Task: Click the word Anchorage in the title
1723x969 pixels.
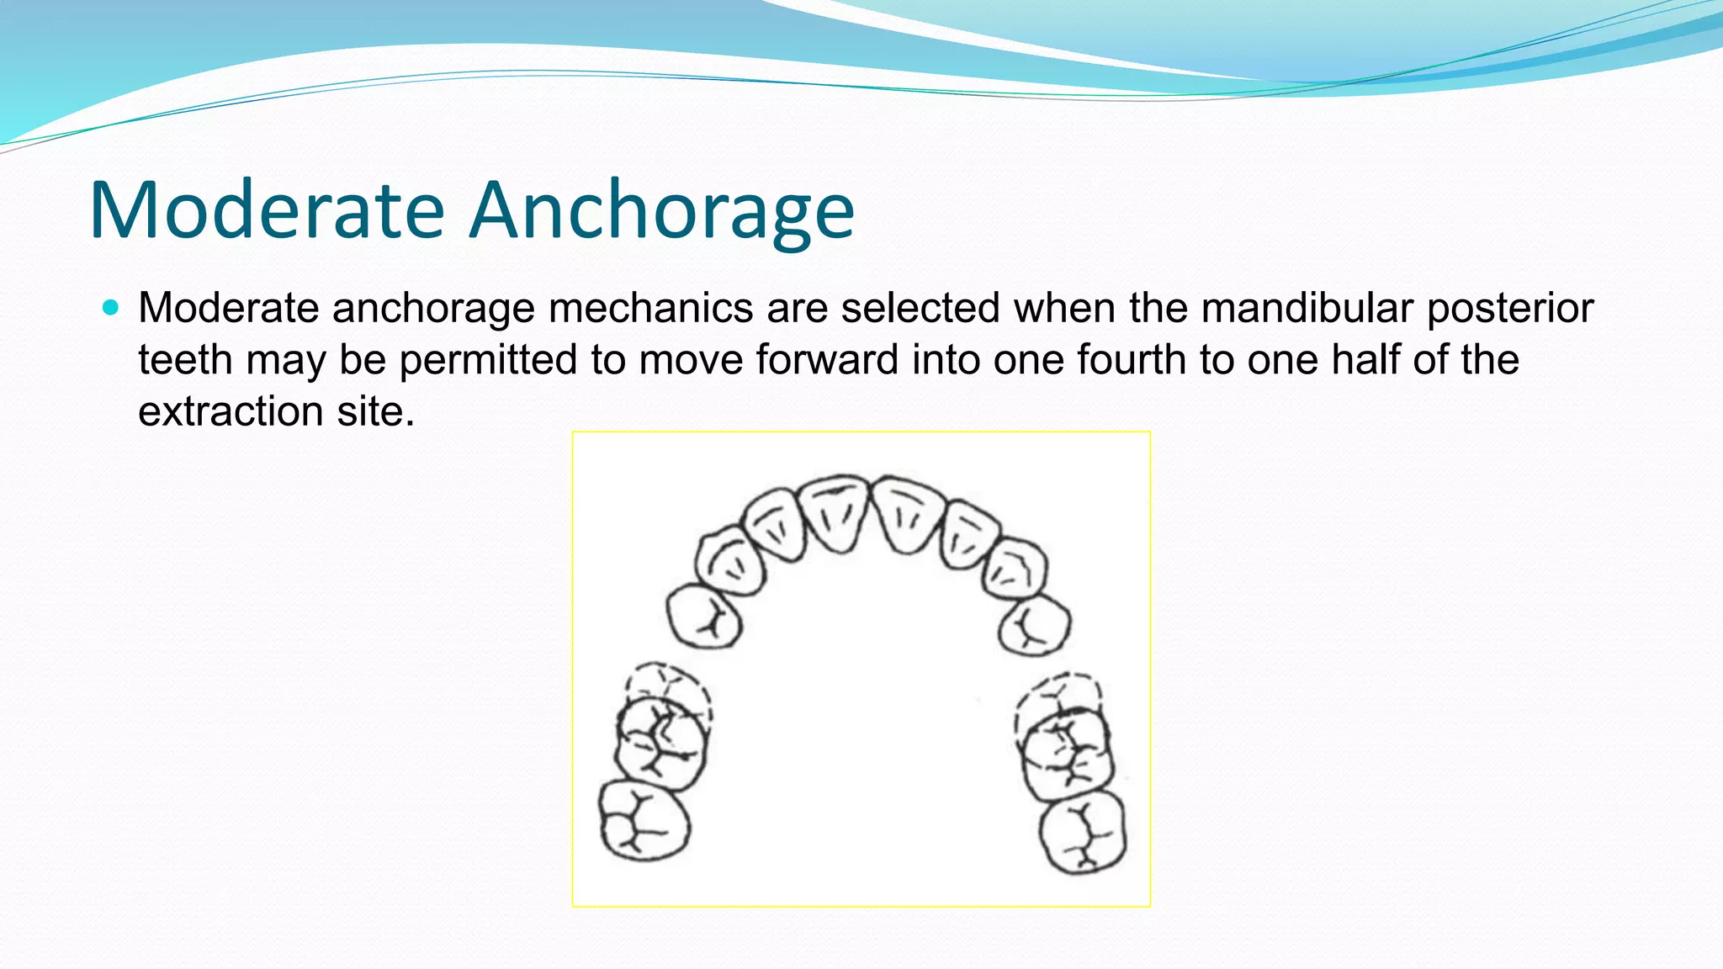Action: pyautogui.click(x=661, y=210)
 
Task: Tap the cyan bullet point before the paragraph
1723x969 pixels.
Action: pyautogui.click(x=110, y=307)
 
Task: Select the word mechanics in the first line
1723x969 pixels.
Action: pyautogui.click(x=650, y=308)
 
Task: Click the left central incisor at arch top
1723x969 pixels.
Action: pyautogui.click(x=834, y=513)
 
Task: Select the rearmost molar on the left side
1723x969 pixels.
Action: pyautogui.click(x=644, y=821)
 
